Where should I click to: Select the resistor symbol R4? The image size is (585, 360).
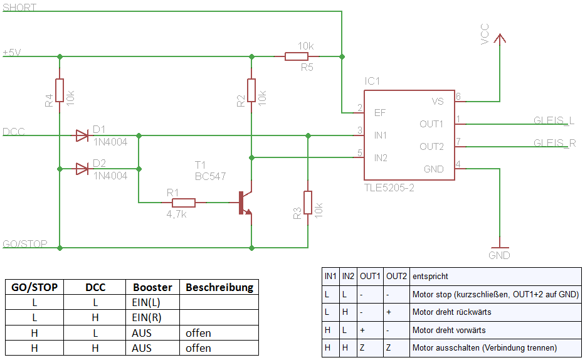(60, 90)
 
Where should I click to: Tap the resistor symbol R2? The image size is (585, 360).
(251, 90)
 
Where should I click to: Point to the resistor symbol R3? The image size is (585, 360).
(308, 202)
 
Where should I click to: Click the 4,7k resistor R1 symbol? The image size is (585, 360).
(183, 203)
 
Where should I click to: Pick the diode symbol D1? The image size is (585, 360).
(82, 135)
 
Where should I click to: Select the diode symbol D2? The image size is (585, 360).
(82, 169)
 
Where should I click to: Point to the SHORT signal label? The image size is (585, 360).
(19, 8)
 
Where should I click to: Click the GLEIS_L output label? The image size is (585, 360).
(554, 121)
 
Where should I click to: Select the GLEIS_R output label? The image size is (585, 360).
(554, 143)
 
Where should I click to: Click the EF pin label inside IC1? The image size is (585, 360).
(379, 113)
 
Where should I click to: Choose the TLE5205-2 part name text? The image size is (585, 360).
(389, 188)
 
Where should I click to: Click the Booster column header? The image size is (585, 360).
(152, 287)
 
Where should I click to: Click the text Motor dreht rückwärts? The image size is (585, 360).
(451, 312)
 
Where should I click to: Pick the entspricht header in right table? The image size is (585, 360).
(430, 276)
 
